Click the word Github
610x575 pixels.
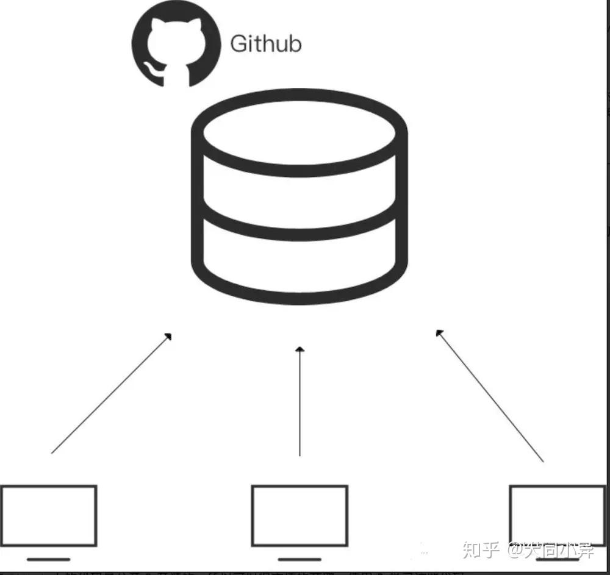coord(265,44)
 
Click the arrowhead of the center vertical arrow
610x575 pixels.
coord(299,350)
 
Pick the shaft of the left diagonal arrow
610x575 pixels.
coord(110,395)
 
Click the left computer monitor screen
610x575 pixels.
coord(48,515)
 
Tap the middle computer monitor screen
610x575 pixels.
coord(300,515)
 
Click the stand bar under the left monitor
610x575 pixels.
coord(48,559)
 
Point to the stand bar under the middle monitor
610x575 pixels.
coord(300,559)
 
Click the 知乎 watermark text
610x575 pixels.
coord(481,551)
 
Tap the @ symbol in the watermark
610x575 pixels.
coord(512,551)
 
